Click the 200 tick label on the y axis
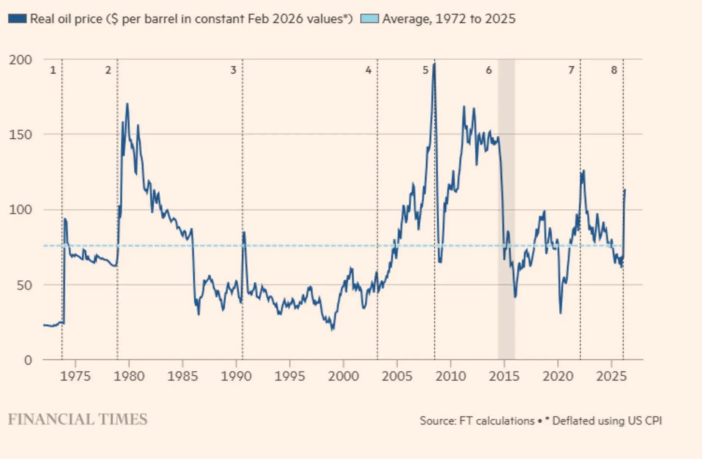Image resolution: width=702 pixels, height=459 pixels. [x=20, y=60]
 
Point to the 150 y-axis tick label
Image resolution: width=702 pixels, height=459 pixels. [x=20, y=135]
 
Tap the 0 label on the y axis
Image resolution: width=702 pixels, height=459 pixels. [x=28, y=360]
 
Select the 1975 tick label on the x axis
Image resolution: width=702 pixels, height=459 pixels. [x=75, y=377]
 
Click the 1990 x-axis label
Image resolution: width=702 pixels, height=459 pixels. [x=236, y=377]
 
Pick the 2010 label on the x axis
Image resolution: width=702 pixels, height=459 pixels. [x=450, y=377]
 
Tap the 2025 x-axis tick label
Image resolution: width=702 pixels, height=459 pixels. [x=611, y=377]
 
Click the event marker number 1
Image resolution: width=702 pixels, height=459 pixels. [x=53, y=70]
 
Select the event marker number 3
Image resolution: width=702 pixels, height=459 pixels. [x=233, y=70]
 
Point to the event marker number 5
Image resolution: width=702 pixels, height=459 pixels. [x=426, y=70]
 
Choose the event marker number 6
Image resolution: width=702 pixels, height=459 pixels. [x=489, y=70]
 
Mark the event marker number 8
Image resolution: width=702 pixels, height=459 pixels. [x=614, y=70]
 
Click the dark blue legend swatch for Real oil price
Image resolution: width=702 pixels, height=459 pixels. [x=17, y=18]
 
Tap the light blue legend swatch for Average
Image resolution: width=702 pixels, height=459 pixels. [x=369, y=18]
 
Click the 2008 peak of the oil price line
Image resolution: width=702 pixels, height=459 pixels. [x=435, y=64]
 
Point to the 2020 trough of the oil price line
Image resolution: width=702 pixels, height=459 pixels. [x=560, y=313]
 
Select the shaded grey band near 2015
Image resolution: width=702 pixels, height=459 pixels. [x=506, y=207]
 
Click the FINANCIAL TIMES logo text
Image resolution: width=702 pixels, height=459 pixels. [x=78, y=419]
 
